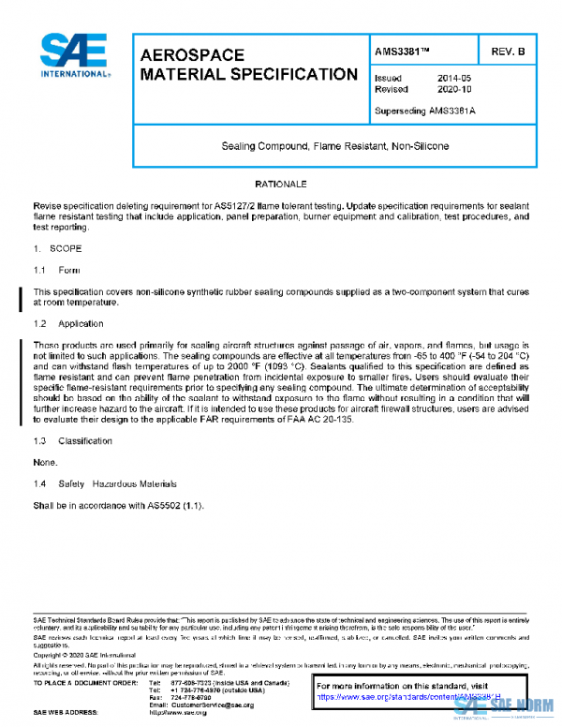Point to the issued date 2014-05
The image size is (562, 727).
pyautogui.click(x=453, y=78)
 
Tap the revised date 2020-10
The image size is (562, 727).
pyautogui.click(x=453, y=90)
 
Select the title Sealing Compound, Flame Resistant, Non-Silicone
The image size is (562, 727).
pyautogui.click(x=334, y=147)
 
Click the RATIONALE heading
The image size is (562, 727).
pyautogui.click(x=281, y=184)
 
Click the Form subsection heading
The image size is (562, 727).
pyautogui.click(x=69, y=270)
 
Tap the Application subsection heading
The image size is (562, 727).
pyautogui.click(x=81, y=323)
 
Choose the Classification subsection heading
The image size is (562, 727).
pyautogui.click(x=85, y=440)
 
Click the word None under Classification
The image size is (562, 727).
pyautogui.click(x=45, y=462)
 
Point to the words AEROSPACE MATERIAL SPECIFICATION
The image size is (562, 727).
pyautogui.click(x=247, y=65)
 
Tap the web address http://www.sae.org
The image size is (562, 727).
pyautogui.click(x=178, y=713)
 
